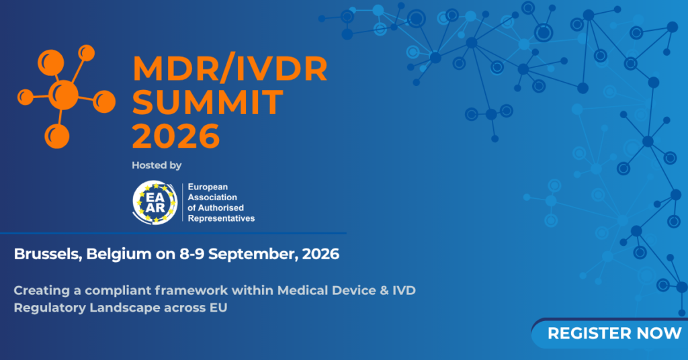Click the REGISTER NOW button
point(610,334)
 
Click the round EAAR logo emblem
point(155,203)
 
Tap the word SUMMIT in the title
point(208,101)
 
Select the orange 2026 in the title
point(176,136)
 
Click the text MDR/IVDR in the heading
point(230,69)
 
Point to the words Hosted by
point(157,165)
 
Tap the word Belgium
point(118,254)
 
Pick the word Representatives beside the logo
point(221,218)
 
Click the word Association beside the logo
point(212,197)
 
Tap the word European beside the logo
point(208,187)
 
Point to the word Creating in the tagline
point(42,291)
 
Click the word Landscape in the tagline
point(124,308)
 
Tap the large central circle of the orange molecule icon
point(64,95)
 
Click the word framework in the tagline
point(191,290)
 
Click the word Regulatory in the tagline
point(50,308)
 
